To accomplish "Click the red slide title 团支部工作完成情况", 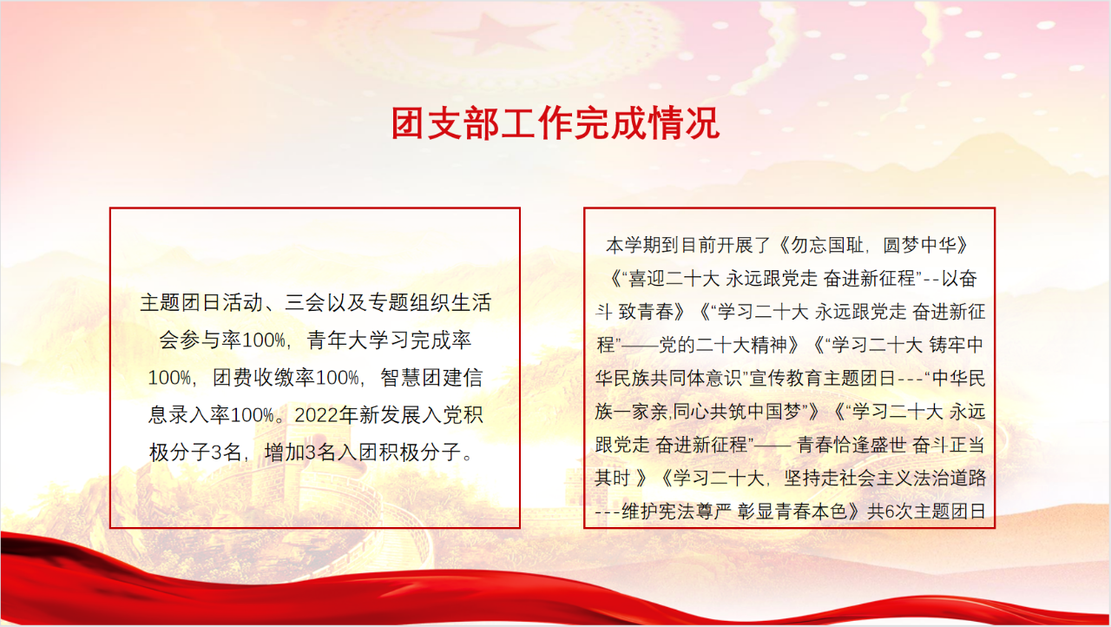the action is pyautogui.click(x=555, y=123).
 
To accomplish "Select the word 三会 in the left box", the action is pyautogui.click(x=305, y=302).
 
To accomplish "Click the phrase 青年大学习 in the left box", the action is pyautogui.click(x=358, y=340).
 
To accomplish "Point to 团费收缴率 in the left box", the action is pyautogui.click(x=264, y=378).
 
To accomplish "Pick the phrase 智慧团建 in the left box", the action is pyautogui.click(x=422, y=378).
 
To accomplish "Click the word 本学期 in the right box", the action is pyautogui.click(x=634, y=245).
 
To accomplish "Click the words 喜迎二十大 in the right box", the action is pyautogui.click(x=674, y=278).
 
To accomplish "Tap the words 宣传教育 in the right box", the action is pyautogui.click(x=786, y=378).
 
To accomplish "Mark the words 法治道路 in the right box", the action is pyautogui.click(x=950, y=478).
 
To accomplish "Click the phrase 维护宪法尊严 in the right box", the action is pyautogui.click(x=676, y=511).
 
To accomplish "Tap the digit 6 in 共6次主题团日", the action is pyautogui.click(x=890, y=511).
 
